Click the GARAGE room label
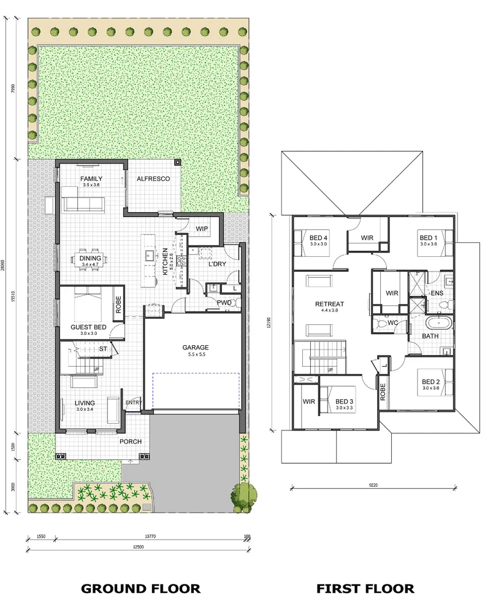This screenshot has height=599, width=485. (195, 347)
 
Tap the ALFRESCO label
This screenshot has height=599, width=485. (153, 178)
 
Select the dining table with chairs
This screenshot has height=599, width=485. (91, 258)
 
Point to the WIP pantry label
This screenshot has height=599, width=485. (202, 229)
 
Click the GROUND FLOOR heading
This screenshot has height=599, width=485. (140, 589)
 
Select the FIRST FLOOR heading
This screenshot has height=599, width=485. (365, 589)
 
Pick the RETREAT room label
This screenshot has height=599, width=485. (329, 303)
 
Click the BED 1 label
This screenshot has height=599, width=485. (428, 237)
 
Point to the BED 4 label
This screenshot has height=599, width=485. (319, 237)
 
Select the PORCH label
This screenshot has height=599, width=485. (131, 441)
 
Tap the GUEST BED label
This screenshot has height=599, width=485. (88, 327)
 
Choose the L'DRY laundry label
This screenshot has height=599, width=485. (218, 264)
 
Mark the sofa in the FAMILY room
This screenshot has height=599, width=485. (83, 203)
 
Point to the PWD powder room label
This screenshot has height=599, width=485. (223, 302)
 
